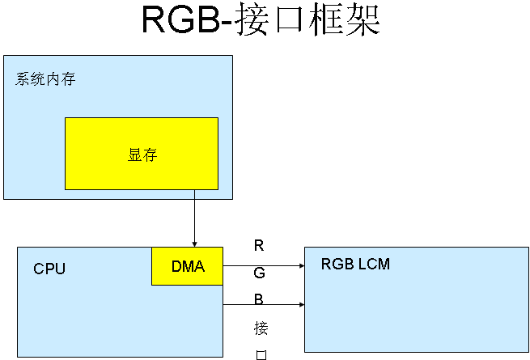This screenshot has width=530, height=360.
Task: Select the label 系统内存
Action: point(45,79)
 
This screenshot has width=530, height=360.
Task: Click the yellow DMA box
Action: point(187,275)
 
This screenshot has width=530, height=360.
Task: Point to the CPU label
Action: point(49,269)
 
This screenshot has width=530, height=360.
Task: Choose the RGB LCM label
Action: point(355,264)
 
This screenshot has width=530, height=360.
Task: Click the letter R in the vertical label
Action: point(259,245)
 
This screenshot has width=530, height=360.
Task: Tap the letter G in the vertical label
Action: point(259,273)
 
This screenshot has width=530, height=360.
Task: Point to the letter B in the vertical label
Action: point(259,299)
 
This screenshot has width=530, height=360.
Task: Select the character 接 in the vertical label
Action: point(260,328)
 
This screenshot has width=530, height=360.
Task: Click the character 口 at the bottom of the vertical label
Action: point(260,354)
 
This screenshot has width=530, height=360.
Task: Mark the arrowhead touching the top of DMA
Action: point(194,243)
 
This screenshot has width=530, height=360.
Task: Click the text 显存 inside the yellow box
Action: point(141,155)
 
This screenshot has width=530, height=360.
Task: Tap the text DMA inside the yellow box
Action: point(188,266)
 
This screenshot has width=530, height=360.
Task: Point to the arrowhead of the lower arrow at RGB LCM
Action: point(301,305)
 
